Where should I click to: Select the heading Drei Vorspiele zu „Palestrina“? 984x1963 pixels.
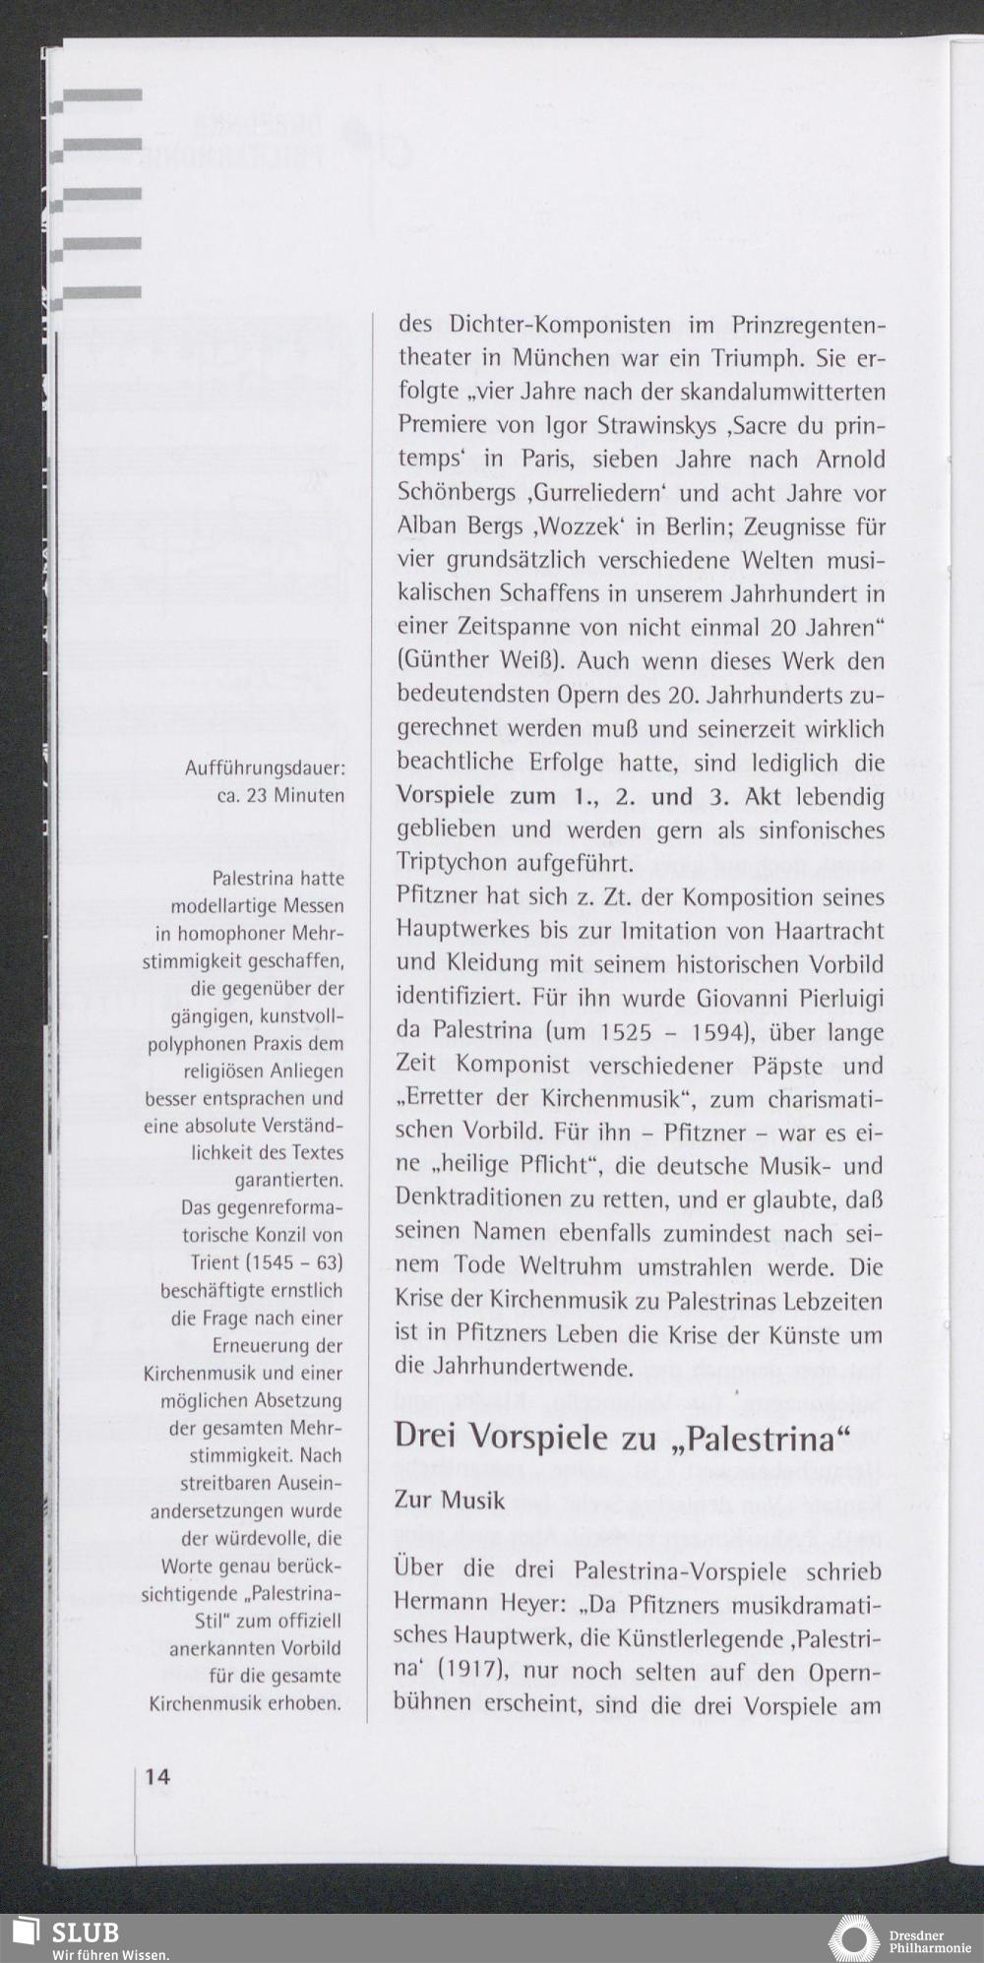(622, 1437)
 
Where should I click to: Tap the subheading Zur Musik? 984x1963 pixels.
(450, 1501)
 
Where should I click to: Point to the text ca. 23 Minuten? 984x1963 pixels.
(280, 794)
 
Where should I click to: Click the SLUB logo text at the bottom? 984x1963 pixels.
(87, 1931)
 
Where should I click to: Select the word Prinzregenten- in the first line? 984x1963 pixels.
(809, 326)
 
